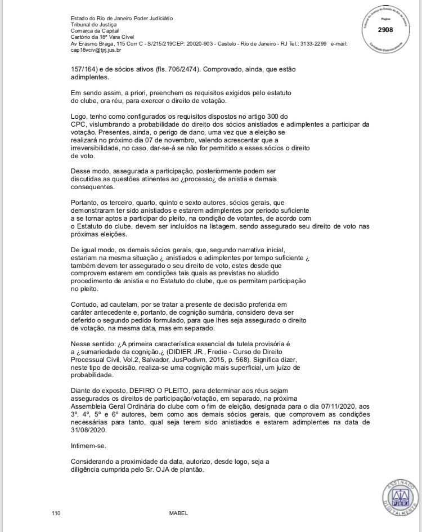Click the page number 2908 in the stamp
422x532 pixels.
[386, 30]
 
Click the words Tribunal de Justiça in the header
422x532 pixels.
[91, 24]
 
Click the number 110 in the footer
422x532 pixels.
[56, 513]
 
